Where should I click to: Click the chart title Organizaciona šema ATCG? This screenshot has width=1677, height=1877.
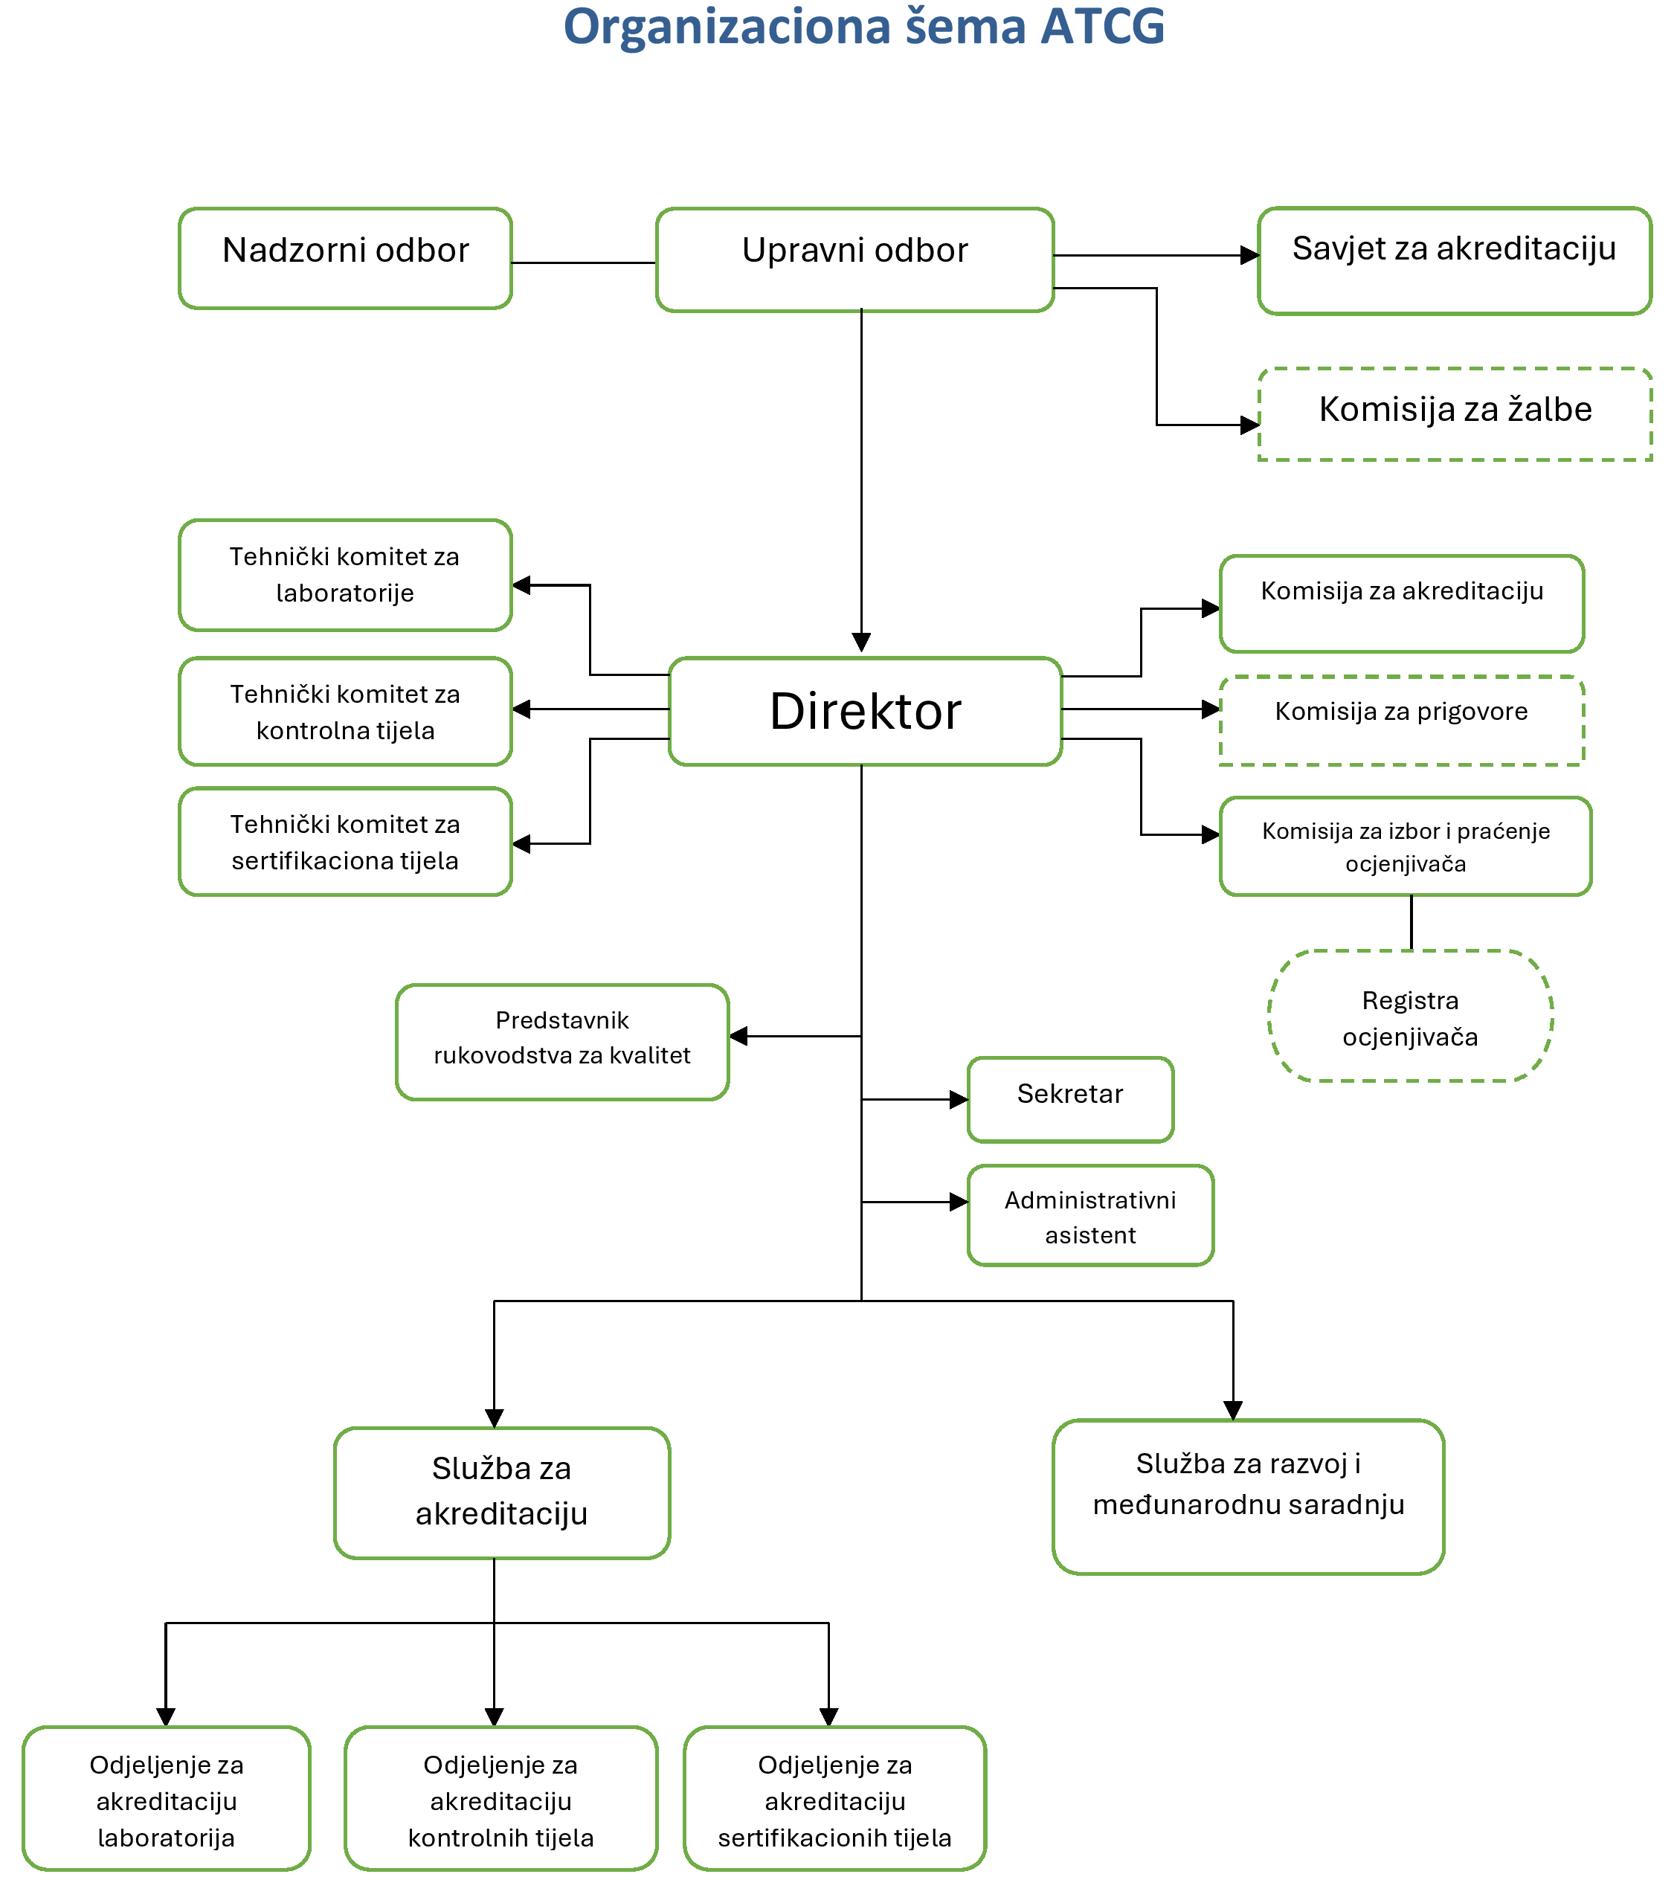click(863, 27)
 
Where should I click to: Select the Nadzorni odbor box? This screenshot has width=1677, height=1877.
click(346, 258)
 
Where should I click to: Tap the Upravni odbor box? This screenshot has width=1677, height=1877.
click(855, 259)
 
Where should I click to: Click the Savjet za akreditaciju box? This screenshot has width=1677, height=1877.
click(1454, 261)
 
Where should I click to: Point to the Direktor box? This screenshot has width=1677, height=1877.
click(865, 712)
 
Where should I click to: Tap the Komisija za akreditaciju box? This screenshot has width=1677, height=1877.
click(1402, 604)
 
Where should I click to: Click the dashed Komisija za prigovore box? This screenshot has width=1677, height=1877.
click(1402, 720)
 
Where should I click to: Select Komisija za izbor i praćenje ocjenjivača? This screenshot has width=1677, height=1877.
click(1405, 846)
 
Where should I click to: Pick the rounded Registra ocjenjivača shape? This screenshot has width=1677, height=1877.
click(1410, 1017)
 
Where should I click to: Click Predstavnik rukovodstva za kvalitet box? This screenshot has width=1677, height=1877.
click(562, 1042)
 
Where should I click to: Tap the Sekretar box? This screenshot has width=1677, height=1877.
click(1069, 1099)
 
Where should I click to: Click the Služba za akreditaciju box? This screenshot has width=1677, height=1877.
click(501, 1493)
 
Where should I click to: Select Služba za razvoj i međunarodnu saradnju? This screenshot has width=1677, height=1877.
click(1248, 1496)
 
